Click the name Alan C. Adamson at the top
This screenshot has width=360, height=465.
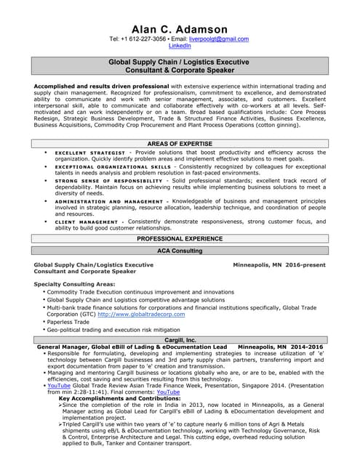point(180,28)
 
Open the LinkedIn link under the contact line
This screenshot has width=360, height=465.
point(180,46)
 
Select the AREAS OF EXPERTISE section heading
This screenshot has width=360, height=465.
point(180,144)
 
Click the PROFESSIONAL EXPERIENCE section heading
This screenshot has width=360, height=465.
point(180,238)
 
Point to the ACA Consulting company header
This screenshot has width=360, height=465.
point(180,251)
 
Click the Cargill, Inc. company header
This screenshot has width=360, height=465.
point(180,339)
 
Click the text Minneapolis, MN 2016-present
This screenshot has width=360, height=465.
point(279,265)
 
